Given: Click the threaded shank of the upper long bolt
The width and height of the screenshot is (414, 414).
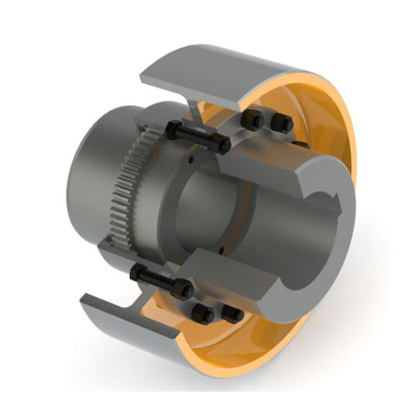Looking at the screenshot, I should tap(199, 137).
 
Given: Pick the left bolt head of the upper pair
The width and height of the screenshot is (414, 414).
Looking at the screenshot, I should tap(256, 121).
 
